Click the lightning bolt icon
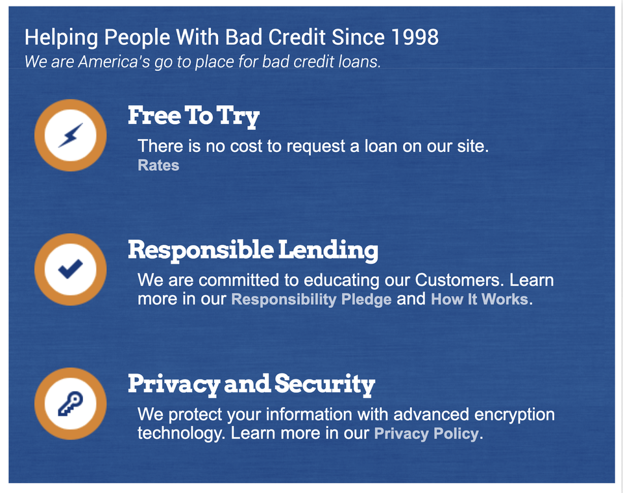click(71, 135)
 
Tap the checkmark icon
click(70, 269)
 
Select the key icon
click(70, 403)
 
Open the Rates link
click(158, 165)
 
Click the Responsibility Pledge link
click(311, 299)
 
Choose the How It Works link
click(480, 299)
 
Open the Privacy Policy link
click(426, 433)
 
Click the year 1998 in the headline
click(415, 37)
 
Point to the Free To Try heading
click(193, 116)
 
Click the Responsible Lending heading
click(252, 251)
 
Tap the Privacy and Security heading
click(252, 385)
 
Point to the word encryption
click(515, 414)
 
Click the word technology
click(181, 433)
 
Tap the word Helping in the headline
click(61, 38)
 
